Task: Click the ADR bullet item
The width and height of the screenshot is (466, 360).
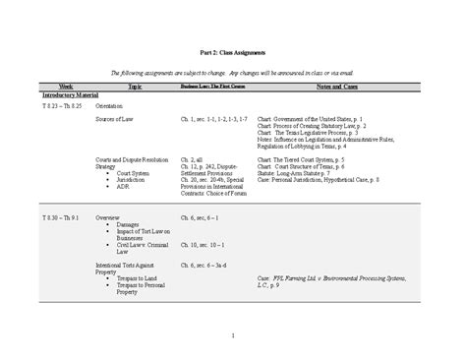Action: point(114,187)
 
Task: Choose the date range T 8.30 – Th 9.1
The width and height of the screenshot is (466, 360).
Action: point(63,215)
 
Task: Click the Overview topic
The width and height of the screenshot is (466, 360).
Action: point(107,215)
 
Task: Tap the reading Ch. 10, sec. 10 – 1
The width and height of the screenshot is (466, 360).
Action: point(204,243)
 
